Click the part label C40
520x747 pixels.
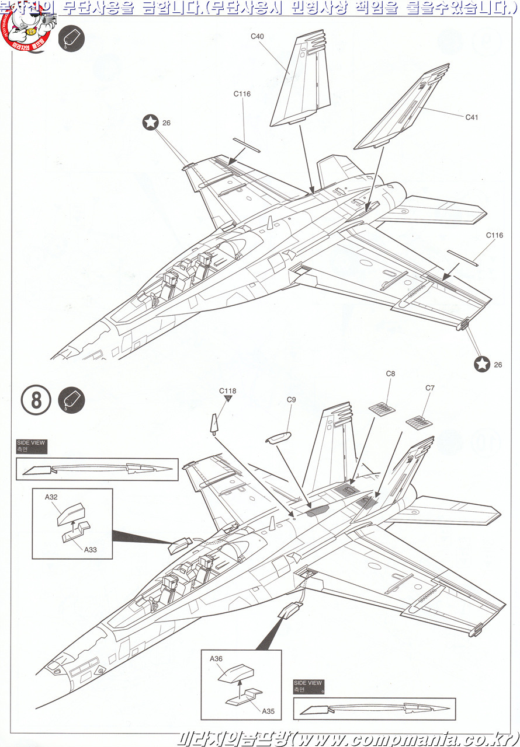tap(257, 36)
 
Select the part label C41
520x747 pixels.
tap(472, 117)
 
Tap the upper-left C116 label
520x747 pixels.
tap(242, 93)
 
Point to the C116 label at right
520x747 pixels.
tap(494, 235)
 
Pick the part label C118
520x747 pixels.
tap(228, 391)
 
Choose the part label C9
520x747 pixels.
tap(292, 400)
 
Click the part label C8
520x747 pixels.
tap(390, 373)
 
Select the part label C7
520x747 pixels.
tap(430, 388)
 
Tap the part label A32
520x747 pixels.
tap(51, 497)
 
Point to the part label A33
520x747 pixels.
tap(90, 549)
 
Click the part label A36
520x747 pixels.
tap(216, 658)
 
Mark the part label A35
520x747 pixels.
tap(268, 711)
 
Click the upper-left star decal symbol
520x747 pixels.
tap(151, 122)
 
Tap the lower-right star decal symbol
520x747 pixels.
tap(482, 364)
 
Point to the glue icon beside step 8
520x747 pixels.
tap(71, 400)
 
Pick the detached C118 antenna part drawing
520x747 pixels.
tap(215, 423)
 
